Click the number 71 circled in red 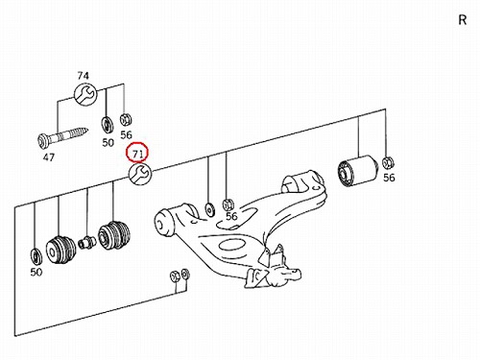point(137,154)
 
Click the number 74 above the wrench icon point(83,76)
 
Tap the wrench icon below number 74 point(84,94)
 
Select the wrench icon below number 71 point(140,175)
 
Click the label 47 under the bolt point(49,157)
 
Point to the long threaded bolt point(62,137)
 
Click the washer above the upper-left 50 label point(108,125)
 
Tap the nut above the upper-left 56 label point(126,120)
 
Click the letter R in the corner point(463,20)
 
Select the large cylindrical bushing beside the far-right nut point(358,170)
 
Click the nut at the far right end point(388,162)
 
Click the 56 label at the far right point(389,178)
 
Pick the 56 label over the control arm point(231,216)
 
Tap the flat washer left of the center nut point(210,209)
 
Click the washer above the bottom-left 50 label point(36,255)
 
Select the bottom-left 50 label point(36,272)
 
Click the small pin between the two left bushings point(86,243)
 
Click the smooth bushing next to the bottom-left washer point(60,251)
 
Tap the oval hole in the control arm point(230,246)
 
